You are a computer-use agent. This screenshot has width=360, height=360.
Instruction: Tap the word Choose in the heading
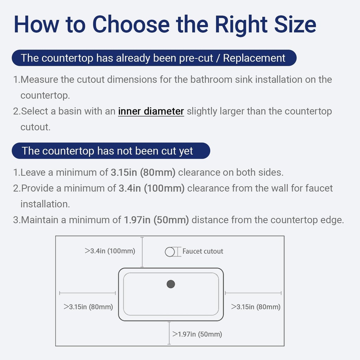131,24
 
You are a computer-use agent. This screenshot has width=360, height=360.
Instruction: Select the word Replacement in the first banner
254,58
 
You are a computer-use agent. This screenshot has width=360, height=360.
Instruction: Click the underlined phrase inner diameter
151,111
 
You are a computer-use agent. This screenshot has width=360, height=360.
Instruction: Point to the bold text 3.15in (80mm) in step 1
143,172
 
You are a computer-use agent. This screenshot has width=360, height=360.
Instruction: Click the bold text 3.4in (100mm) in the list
152,188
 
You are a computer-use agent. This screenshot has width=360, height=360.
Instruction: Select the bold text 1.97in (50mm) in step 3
156,220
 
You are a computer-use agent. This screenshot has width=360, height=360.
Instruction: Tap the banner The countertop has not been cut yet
111,151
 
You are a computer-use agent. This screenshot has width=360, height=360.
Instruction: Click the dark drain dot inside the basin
171,284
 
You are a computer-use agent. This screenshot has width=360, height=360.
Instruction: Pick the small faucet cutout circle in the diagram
170,252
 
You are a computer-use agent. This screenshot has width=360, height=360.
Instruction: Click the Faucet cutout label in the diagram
203,251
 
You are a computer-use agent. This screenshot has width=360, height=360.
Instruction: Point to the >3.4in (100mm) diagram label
110,251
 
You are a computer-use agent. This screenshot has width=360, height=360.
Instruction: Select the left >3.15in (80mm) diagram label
88,307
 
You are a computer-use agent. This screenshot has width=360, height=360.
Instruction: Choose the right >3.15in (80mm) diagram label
256,307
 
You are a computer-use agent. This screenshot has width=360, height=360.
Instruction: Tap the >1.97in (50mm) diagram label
197,334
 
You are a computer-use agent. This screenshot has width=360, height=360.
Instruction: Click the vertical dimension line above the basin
142,252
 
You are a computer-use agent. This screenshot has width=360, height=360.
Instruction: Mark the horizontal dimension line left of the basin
88,293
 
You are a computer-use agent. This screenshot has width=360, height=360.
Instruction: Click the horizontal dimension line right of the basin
253,293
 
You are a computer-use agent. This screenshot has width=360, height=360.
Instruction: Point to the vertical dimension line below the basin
169,333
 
